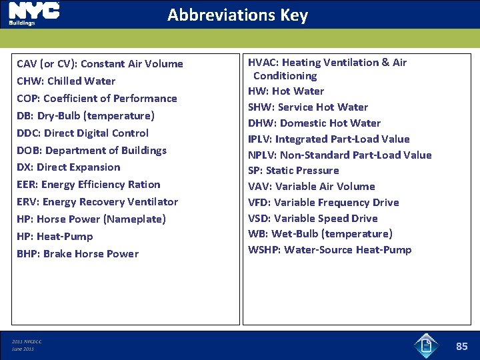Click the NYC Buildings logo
(x=33, y=13)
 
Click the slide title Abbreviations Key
(x=237, y=15)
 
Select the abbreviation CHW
(x=29, y=81)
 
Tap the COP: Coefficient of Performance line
(x=97, y=99)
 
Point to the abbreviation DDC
(x=28, y=133)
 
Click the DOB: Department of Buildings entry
(x=91, y=151)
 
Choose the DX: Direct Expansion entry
(x=68, y=167)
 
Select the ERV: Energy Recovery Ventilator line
(x=97, y=202)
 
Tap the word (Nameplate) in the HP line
(x=134, y=219)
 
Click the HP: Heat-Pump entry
(x=55, y=237)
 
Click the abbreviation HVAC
(x=262, y=63)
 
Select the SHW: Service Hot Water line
(x=308, y=107)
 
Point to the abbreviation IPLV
(x=260, y=139)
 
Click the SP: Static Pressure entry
(x=293, y=171)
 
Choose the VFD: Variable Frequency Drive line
(x=323, y=203)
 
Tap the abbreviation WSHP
(x=264, y=250)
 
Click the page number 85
(x=462, y=346)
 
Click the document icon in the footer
(x=426, y=345)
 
